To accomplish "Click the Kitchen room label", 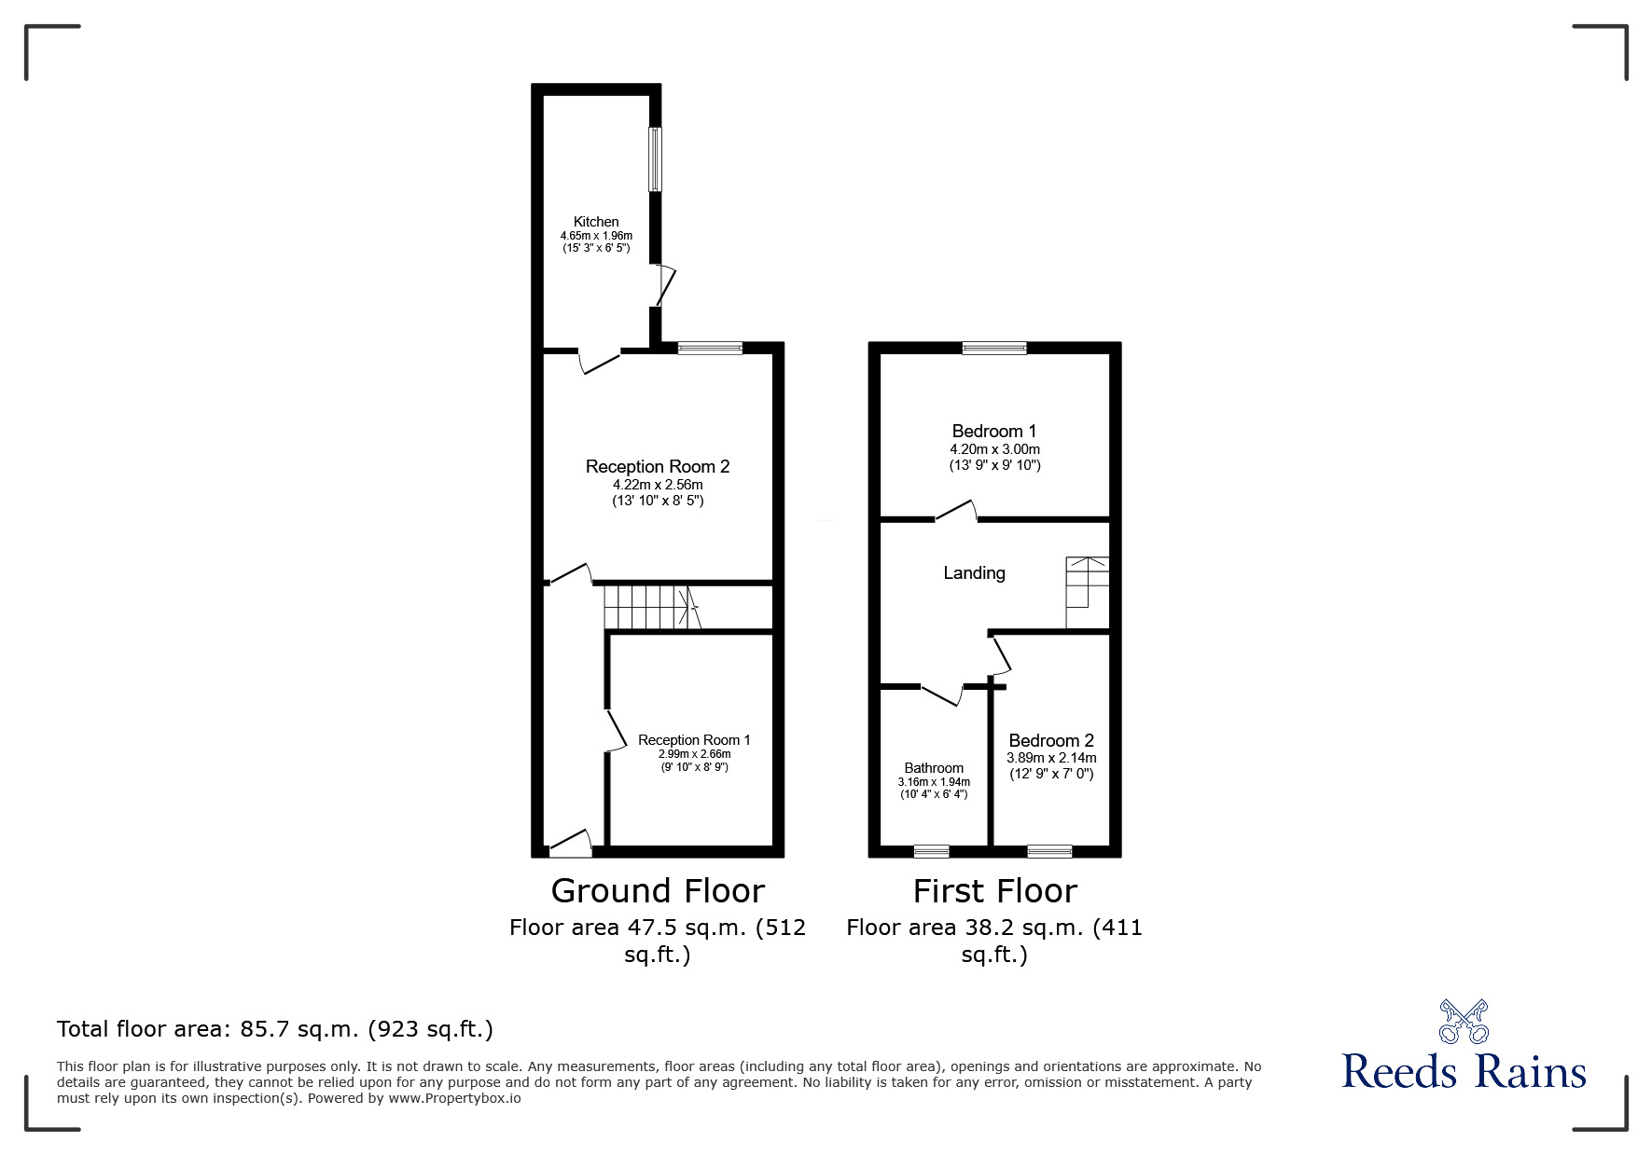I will (596, 222).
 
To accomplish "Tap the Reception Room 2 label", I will (657, 467).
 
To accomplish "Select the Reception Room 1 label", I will (694, 740).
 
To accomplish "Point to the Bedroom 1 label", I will (993, 432).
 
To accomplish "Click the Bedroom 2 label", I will (1051, 741).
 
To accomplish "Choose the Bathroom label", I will (934, 768).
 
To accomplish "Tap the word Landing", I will (974, 573).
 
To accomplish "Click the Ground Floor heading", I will (658, 891).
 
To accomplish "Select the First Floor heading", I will (994, 891).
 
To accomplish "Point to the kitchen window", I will (656, 159).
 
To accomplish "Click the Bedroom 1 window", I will (994, 348).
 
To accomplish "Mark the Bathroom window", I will (931, 851).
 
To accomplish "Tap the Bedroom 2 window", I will (1049, 851).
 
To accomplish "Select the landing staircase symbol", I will (1088, 592).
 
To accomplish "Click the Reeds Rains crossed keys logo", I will (1464, 1021).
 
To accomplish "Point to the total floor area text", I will (275, 1029).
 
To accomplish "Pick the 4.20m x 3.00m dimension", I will (994, 449).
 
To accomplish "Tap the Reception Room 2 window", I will (710, 348).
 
